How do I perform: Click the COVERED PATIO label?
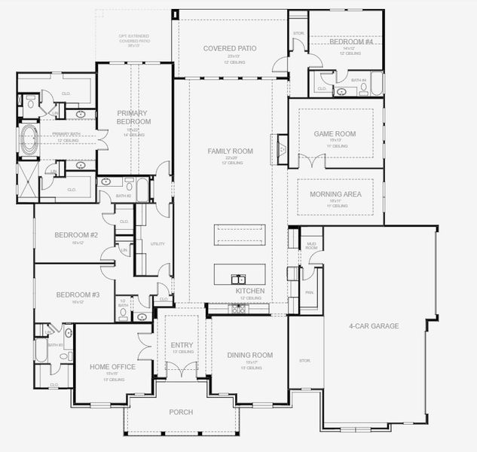230,48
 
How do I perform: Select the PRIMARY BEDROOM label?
133,117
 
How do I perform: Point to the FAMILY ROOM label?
230,151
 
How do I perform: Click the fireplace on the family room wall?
282,148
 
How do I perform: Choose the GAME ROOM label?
335,134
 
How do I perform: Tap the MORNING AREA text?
335,194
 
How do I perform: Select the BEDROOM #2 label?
76,235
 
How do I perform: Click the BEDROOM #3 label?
76,295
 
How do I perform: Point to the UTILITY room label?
157,244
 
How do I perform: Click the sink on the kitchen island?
238,277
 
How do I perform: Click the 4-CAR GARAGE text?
374,326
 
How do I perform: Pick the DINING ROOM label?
249,355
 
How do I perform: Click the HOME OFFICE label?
112,367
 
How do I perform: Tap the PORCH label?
181,412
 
